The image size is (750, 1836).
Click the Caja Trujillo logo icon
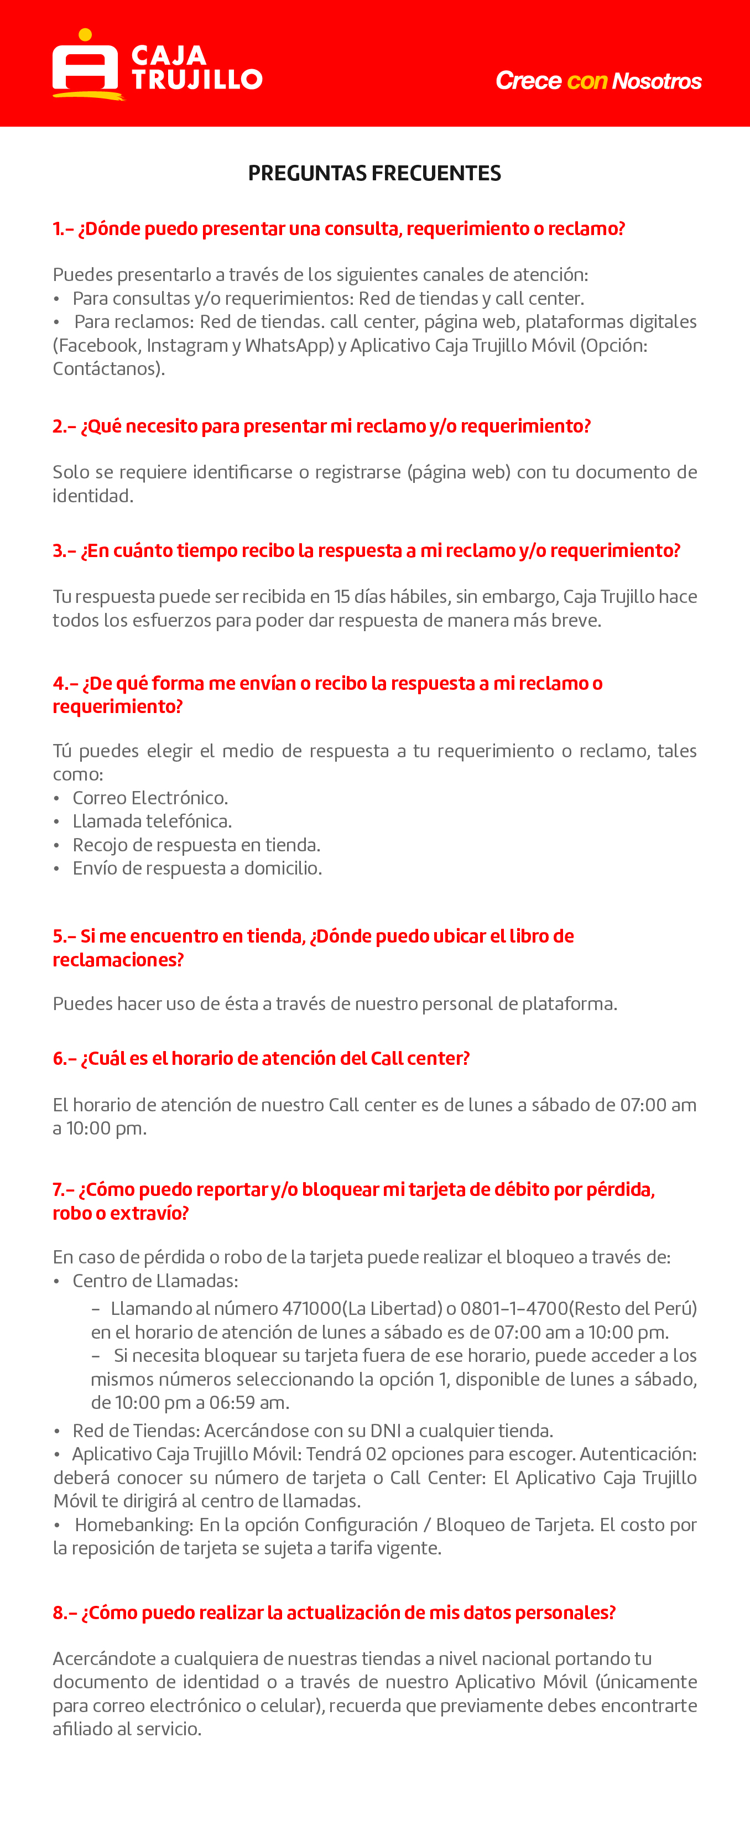pyautogui.click(x=85, y=64)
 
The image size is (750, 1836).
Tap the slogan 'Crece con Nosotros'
pyautogui.click(x=598, y=81)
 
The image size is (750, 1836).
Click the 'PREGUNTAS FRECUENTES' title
pyautogui.click(x=374, y=173)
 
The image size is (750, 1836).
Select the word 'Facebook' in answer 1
pyautogui.click(x=98, y=346)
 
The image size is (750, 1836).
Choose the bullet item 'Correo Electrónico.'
pyautogui.click(x=150, y=798)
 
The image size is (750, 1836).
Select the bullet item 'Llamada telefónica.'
pyautogui.click(x=152, y=821)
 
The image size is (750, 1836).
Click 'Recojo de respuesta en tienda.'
pyautogui.click(x=196, y=845)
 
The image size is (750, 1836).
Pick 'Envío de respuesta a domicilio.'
pyautogui.click(x=197, y=868)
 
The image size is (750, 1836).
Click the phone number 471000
pyautogui.click(x=311, y=1309)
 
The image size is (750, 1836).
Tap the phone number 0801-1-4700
pyautogui.click(x=514, y=1309)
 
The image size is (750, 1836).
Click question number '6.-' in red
pyautogui.click(x=64, y=1058)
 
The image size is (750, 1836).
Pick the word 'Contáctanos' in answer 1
pyautogui.click(x=107, y=369)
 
